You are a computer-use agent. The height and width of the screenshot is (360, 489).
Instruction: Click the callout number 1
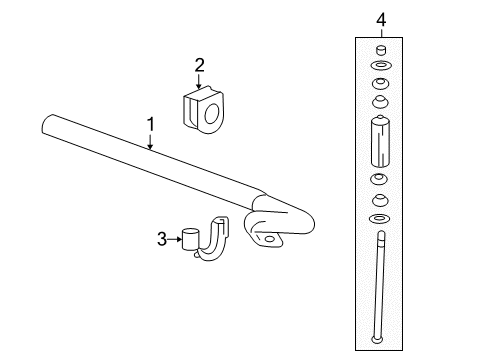click(150, 123)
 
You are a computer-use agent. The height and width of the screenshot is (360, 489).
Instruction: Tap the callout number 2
click(199, 66)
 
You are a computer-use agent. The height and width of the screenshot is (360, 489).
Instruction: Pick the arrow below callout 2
click(199, 83)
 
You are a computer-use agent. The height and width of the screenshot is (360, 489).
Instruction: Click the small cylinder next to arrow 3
click(191, 239)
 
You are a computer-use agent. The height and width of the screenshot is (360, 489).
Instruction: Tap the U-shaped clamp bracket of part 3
click(212, 240)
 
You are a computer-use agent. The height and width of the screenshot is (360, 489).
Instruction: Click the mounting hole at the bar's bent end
click(270, 240)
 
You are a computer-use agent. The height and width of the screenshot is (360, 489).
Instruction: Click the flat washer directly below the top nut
click(380, 66)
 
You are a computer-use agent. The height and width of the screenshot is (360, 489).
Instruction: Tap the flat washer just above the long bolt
click(380, 218)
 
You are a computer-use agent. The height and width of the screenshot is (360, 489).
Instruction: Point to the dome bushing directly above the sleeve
click(380, 101)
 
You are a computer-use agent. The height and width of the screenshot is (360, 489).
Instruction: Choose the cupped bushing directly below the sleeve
click(380, 180)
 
